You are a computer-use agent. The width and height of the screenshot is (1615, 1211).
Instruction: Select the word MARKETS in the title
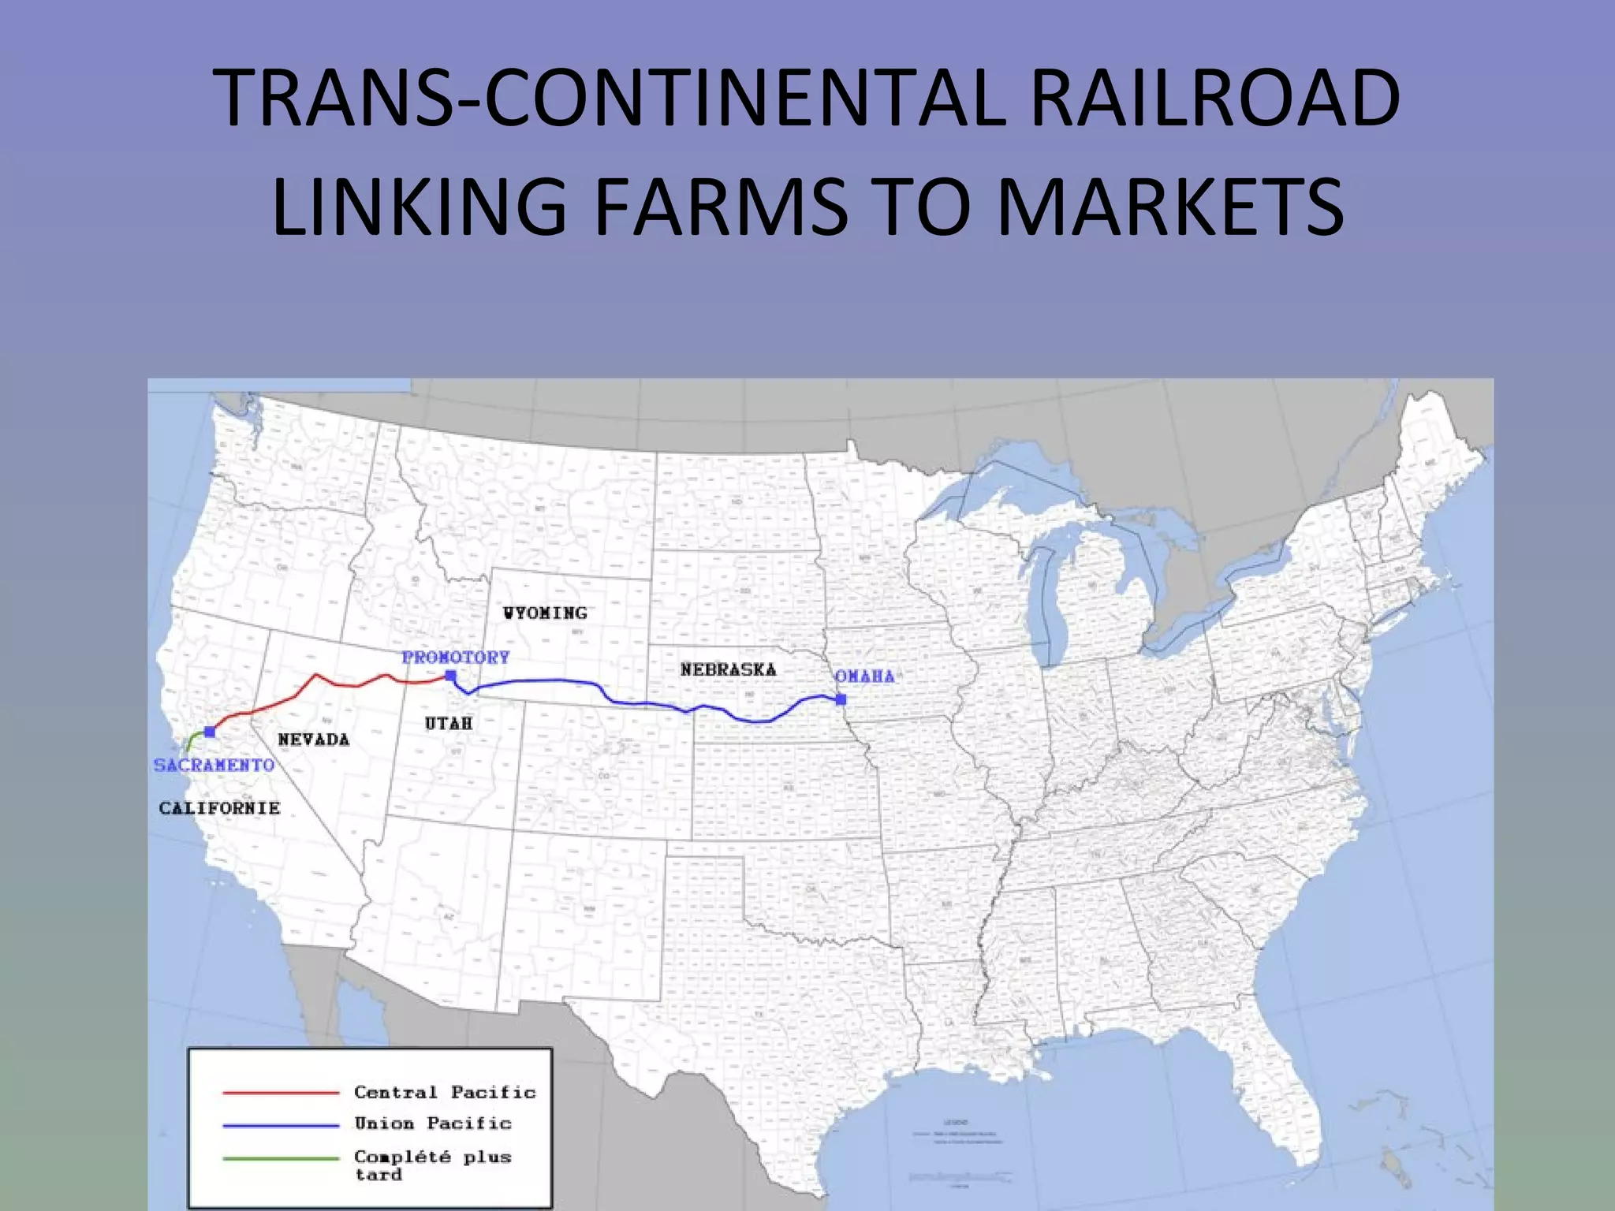pos(1170,207)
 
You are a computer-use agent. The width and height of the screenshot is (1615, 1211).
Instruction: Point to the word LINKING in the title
pos(419,207)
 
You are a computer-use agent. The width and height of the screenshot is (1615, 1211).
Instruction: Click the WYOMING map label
pos(546,613)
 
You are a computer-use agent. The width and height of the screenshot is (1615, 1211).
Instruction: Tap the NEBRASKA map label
pos(729,669)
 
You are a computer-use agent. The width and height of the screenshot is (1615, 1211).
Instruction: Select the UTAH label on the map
pos(449,723)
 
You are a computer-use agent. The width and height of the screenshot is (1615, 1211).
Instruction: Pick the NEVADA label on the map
pos(314,740)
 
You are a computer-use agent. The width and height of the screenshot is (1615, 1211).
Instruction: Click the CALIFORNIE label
pos(220,808)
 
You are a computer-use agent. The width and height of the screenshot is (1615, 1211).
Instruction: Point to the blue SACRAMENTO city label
pos(214,765)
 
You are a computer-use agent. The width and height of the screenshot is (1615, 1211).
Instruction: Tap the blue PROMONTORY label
pos(456,657)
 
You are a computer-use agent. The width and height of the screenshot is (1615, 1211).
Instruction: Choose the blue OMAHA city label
pos(865,676)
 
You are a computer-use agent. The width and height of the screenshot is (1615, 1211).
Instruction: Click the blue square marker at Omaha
pos(841,699)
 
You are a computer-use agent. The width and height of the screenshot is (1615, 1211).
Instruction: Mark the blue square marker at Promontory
pos(450,675)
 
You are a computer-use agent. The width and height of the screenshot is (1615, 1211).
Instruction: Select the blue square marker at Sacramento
pos(209,732)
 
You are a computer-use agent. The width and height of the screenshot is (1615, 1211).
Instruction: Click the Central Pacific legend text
pos(445,1092)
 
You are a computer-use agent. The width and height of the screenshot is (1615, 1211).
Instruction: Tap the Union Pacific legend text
pos(433,1123)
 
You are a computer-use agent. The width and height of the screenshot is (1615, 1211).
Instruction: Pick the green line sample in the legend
pos(281,1158)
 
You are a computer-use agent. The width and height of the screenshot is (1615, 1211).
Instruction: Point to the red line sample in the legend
pos(281,1093)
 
